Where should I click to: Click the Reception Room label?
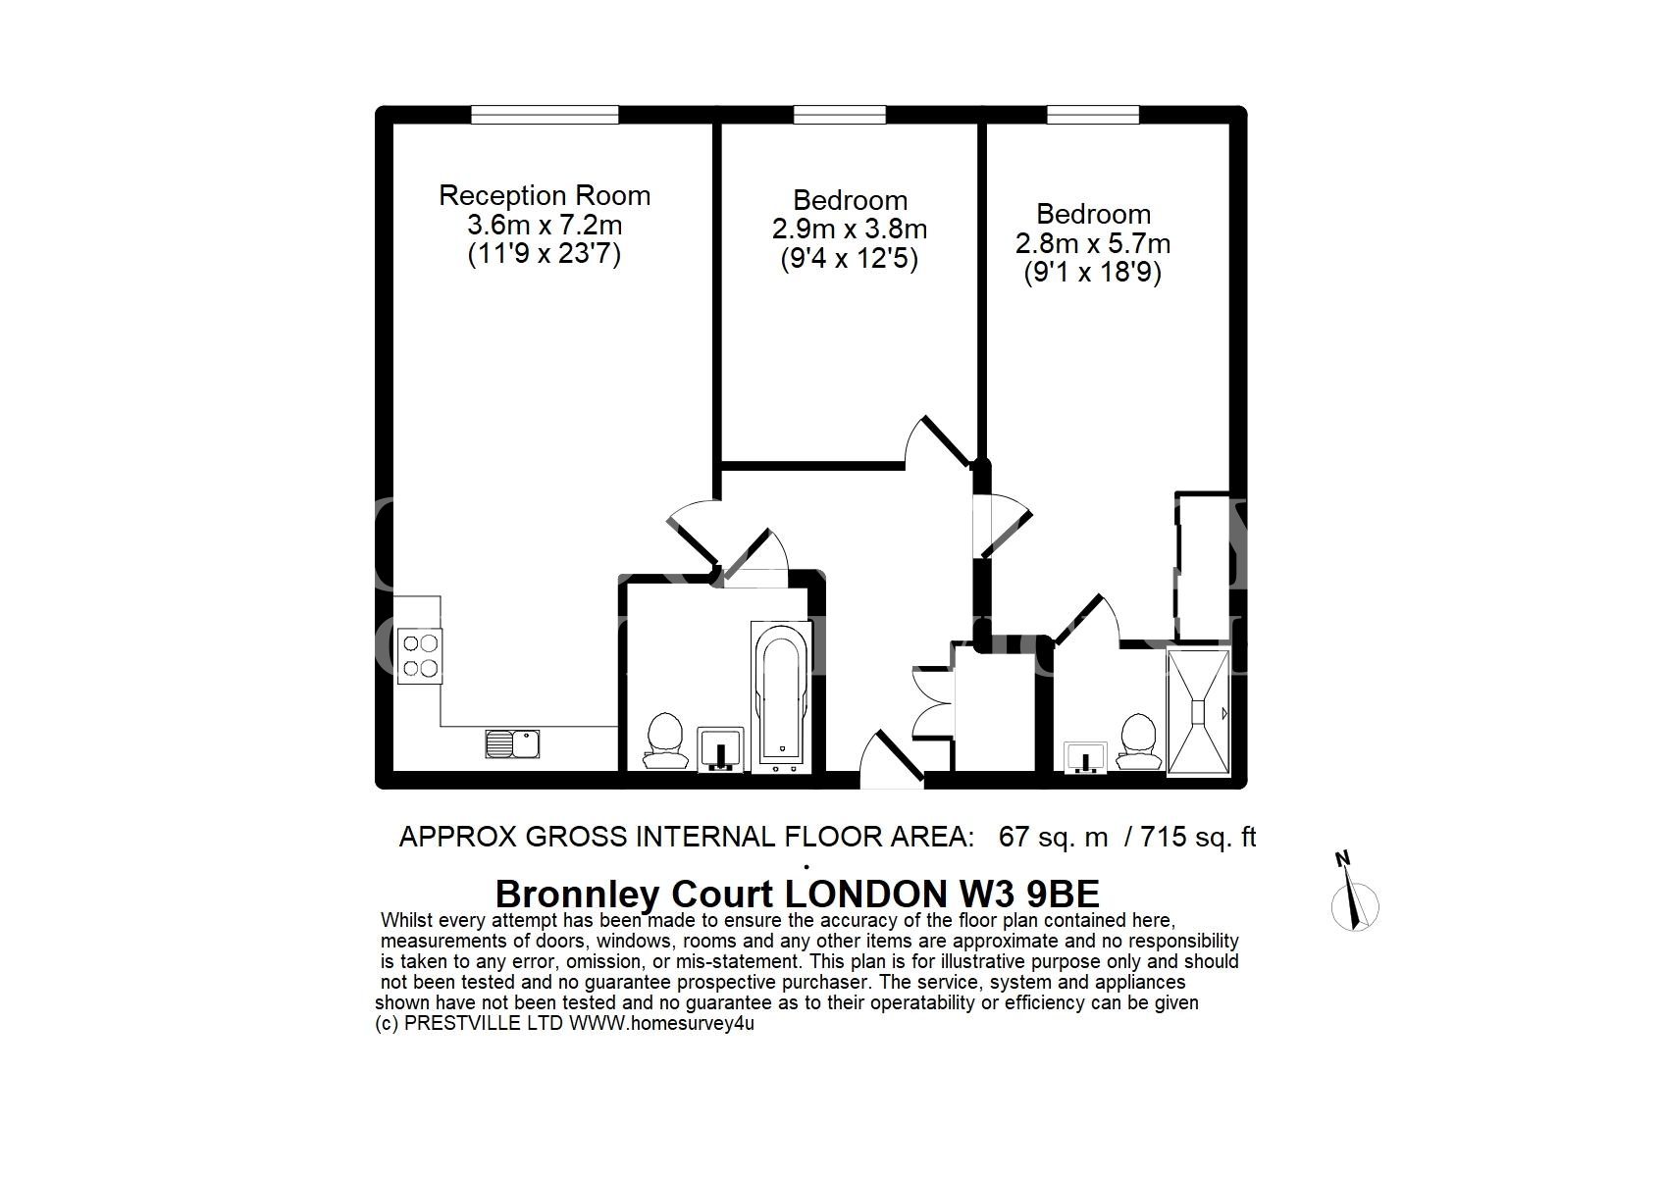545,196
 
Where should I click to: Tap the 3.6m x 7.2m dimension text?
545,225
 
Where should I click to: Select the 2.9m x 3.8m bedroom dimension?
849,230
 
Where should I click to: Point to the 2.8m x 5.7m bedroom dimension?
1093,243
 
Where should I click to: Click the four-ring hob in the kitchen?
420,656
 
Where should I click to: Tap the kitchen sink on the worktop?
512,743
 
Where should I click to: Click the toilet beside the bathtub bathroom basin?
665,741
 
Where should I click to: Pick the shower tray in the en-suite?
1198,712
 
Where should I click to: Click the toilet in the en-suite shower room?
1139,741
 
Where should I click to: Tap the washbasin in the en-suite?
1085,757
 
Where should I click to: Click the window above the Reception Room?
545,115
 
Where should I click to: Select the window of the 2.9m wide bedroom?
840,115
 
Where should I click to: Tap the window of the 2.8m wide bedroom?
1093,115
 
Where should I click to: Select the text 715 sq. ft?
1198,837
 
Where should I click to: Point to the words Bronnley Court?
635,895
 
